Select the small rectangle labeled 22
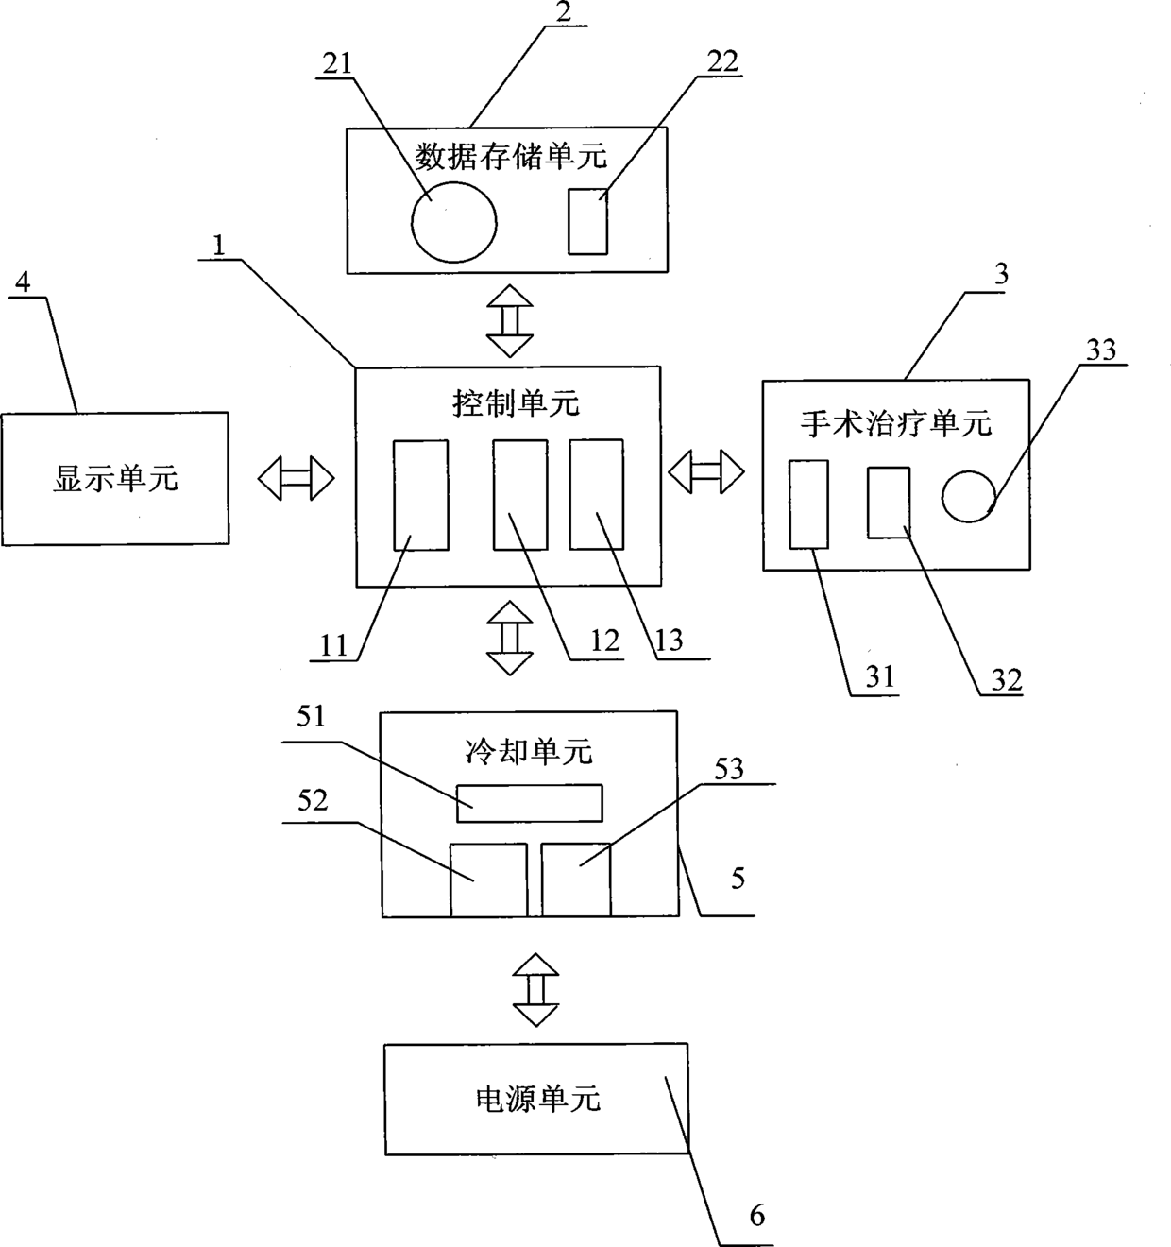[x=587, y=221]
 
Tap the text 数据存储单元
[x=511, y=156]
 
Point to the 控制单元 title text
[x=515, y=404]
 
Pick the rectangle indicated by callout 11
[x=420, y=494]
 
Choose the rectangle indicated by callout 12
[x=519, y=494]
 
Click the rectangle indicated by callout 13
[x=596, y=493]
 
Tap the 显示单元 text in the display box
[x=115, y=480]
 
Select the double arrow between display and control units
[x=296, y=478]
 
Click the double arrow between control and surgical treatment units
[x=706, y=471]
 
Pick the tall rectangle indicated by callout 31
[x=808, y=504]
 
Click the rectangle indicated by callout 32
[x=889, y=503]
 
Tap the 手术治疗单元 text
[x=896, y=423]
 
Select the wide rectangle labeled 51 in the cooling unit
[x=529, y=803]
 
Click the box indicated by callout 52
[x=488, y=880]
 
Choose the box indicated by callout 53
[x=576, y=880]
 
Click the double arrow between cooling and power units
[x=535, y=989]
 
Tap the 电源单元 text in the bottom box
[x=535, y=1100]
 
